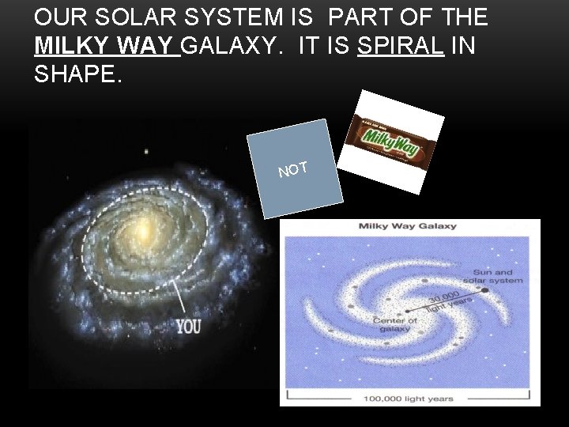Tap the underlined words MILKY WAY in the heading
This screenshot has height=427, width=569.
pyautogui.click(x=107, y=46)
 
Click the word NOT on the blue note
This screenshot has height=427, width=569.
pyautogui.click(x=292, y=167)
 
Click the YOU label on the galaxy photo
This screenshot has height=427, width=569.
pyautogui.click(x=188, y=325)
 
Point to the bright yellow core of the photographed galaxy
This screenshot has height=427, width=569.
pyautogui.click(x=143, y=232)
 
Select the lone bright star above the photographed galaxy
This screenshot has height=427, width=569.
pyautogui.click(x=145, y=150)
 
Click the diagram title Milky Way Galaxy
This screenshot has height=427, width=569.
pyautogui.click(x=408, y=226)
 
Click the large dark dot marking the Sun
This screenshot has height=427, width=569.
pyautogui.click(x=483, y=289)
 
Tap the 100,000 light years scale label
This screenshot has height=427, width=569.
pyautogui.click(x=410, y=399)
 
